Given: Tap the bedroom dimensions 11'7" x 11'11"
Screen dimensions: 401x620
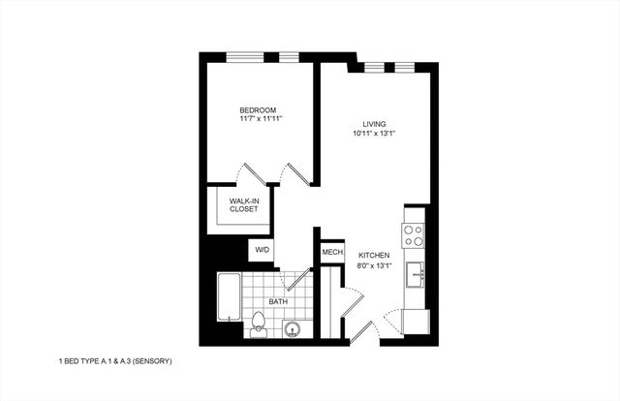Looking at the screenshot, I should [260, 121].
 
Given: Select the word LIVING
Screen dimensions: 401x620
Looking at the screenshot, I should [374, 124].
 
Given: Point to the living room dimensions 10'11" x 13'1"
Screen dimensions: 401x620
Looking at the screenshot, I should [374, 134].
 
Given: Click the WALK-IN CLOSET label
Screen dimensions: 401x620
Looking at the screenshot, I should [243, 205].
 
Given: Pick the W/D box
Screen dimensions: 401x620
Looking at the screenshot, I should [262, 250].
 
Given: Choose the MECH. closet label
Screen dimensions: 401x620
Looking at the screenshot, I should [332, 253].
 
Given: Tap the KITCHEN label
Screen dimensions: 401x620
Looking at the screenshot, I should [373, 255].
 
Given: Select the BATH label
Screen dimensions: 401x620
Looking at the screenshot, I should [278, 302].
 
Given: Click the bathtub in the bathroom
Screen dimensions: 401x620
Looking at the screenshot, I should [229, 296].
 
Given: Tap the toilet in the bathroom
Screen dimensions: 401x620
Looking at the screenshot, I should [259, 325].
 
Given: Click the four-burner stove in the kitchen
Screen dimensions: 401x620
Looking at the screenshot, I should [414, 235].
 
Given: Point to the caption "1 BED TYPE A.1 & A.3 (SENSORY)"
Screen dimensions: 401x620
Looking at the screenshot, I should [115, 361].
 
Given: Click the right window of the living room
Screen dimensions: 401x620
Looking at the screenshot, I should [405, 67].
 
